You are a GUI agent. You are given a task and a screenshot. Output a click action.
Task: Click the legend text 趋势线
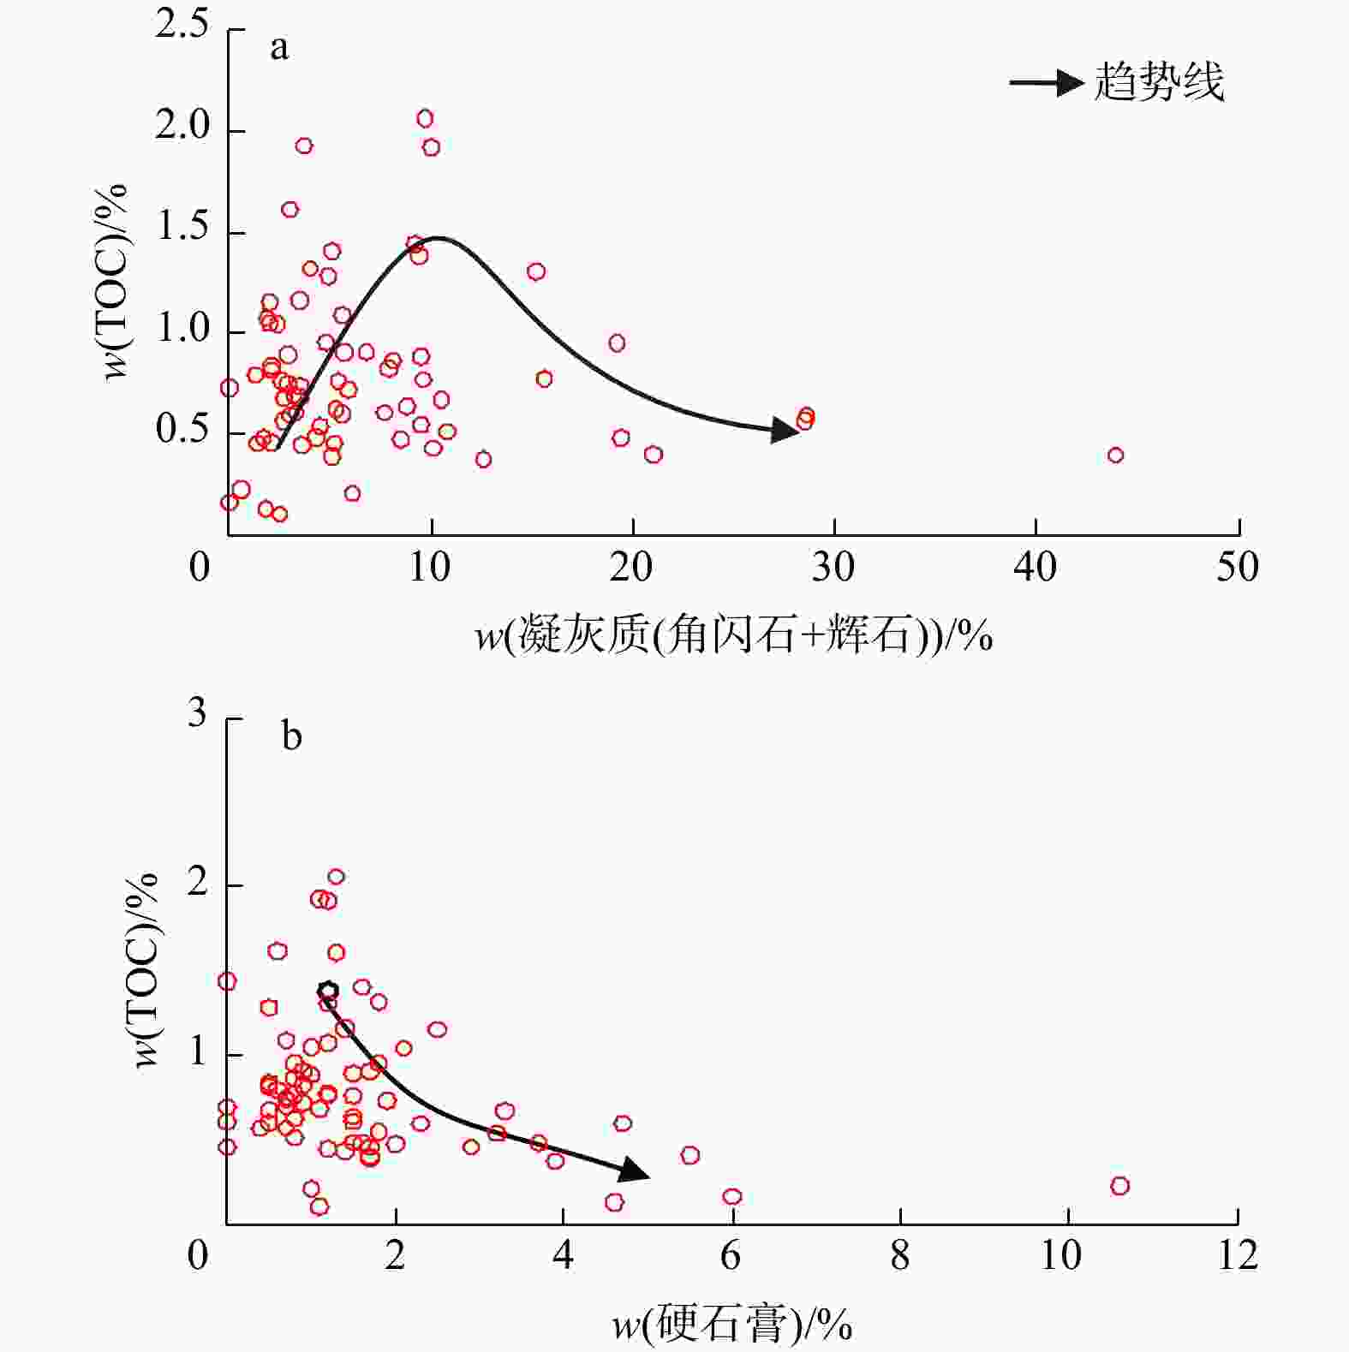1159,83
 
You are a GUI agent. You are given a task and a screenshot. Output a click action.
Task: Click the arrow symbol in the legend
1047,83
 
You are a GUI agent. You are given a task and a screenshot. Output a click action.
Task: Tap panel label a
279,48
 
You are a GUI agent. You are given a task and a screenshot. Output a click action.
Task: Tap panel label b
291,736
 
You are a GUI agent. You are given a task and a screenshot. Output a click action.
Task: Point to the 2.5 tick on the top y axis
182,25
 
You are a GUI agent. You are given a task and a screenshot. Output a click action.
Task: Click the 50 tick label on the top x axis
1237,567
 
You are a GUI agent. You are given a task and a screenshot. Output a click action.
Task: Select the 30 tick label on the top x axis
833,567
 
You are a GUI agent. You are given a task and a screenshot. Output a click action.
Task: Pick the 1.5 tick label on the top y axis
182,227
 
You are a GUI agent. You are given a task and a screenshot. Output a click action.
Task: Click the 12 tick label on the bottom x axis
1237,1255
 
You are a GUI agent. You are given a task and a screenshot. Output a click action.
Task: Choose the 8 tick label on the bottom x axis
899,1255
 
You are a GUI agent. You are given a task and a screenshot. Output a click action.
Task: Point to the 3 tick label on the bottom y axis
197,713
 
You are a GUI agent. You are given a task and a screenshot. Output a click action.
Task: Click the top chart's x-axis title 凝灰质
733,636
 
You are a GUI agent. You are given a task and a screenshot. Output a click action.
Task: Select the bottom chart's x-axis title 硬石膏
732,1325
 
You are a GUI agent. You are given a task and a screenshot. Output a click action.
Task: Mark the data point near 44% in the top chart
1115,455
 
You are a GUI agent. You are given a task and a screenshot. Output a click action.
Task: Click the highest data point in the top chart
425,118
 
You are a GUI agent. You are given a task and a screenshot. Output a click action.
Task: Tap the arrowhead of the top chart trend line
785,430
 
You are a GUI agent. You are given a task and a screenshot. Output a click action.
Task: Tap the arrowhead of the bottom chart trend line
634,1170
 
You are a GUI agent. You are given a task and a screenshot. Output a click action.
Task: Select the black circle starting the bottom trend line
327,991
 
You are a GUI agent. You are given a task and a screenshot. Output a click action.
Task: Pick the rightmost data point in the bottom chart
1119,1186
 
